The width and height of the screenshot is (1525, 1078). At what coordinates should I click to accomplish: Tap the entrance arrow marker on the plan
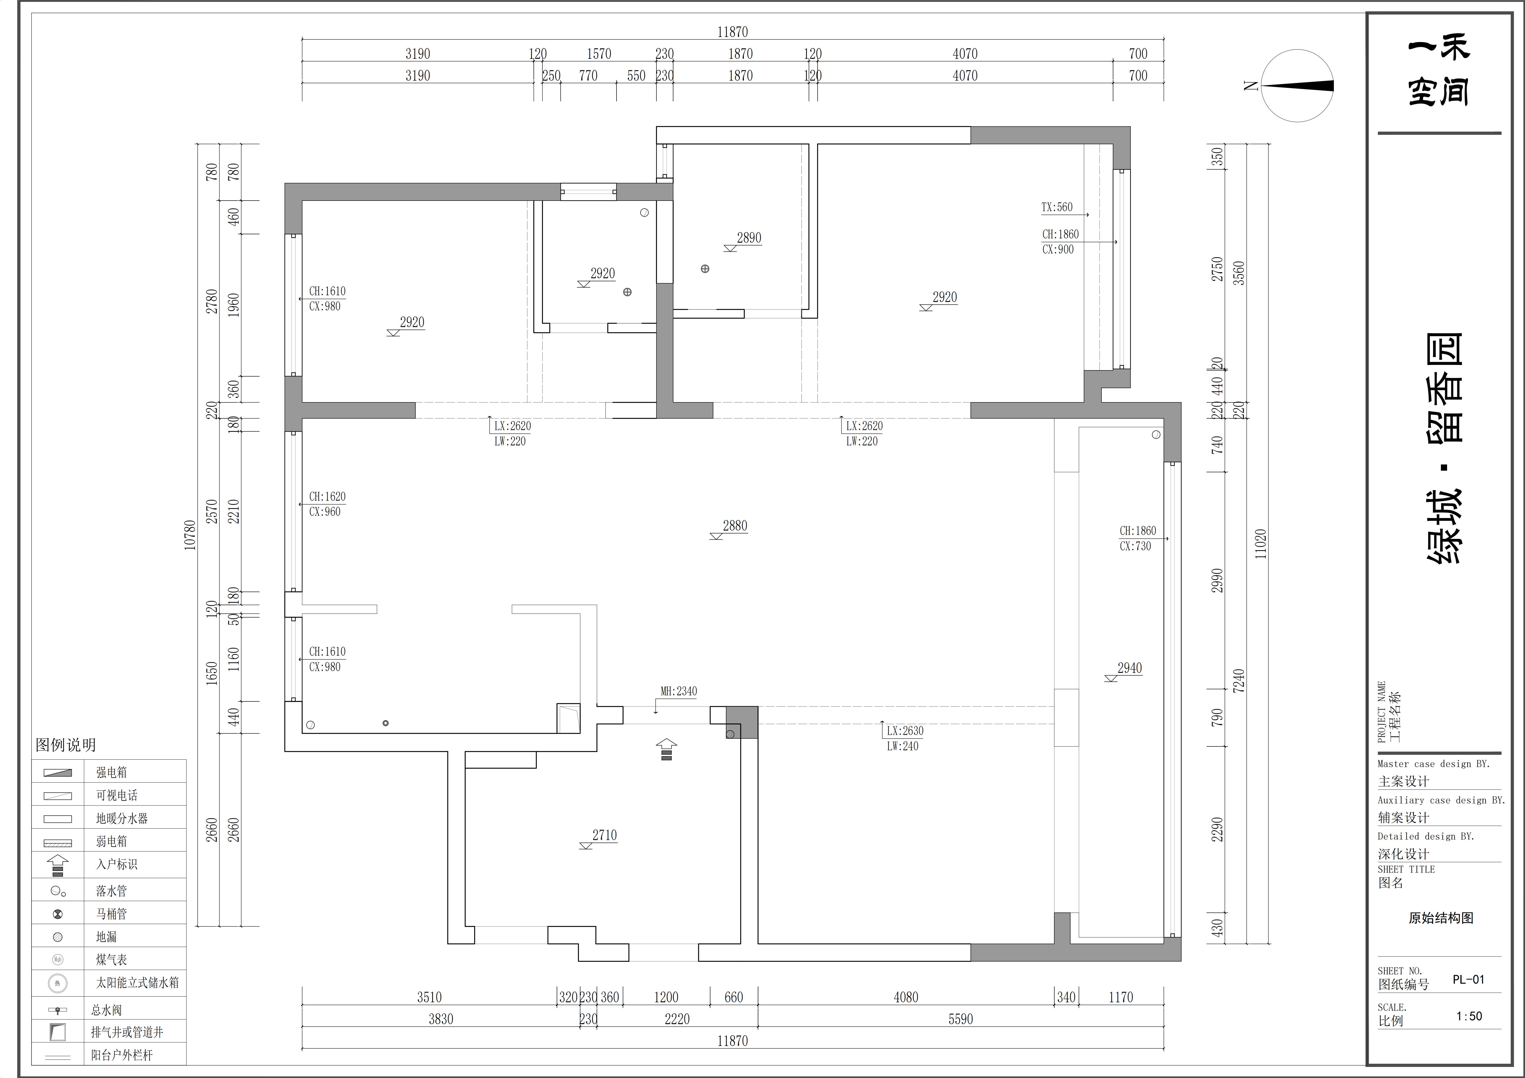tap(666, 749)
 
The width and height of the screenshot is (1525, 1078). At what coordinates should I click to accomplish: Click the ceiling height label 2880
tap(735, 526)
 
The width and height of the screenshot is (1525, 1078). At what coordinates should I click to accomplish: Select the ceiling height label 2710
tap(604, 836)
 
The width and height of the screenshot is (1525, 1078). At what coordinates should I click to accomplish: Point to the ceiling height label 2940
tap(1130, 668)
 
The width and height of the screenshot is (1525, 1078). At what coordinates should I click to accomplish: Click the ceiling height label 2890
tap(749, 238)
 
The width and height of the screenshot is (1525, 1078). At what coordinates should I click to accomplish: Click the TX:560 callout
tap(1057, 207)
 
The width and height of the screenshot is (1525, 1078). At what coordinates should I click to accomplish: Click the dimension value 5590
tap(961, 1019)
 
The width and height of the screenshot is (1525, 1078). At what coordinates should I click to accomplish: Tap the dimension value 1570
tap(599, 54)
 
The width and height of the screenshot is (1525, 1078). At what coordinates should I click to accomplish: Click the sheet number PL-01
tap(1469, 980)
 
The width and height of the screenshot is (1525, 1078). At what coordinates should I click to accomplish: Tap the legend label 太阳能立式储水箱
tap(137, 982)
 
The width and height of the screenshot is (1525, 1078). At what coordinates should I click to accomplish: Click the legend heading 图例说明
tap(66, 745)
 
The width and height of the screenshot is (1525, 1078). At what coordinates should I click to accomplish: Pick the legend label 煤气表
tap(112, 960)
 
